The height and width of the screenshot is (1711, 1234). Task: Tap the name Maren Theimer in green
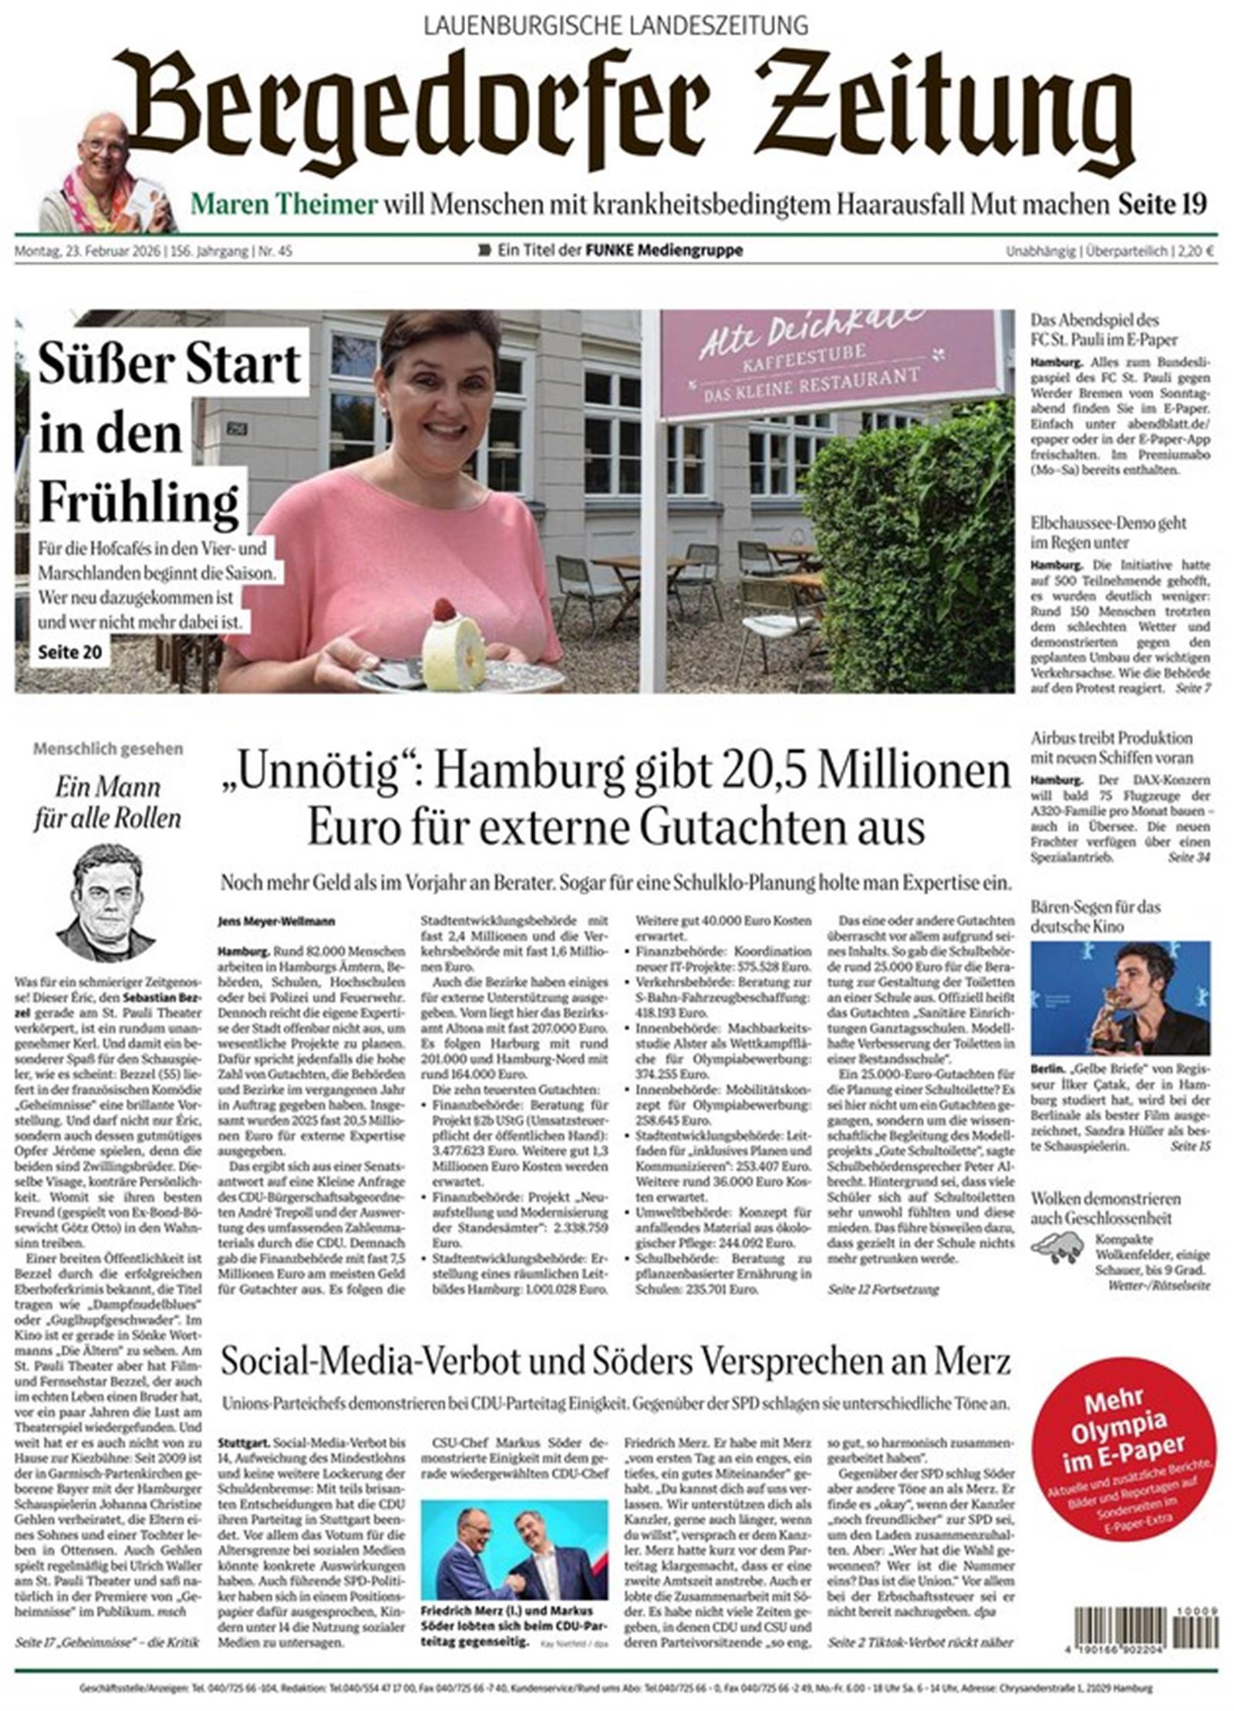(284, 204)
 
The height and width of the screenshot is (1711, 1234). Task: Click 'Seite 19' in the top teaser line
(1162, 204)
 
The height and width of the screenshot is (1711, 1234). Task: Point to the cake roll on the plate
(453, 645)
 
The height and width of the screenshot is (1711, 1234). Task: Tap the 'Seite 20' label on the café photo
(70, 653)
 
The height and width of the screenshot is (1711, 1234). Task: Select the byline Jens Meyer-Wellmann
(276, 921)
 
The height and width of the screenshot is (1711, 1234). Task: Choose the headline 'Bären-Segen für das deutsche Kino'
(1095, 916)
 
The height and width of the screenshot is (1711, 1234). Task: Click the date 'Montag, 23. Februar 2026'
(87, 251)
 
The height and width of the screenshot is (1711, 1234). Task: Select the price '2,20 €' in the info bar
(1201, 251)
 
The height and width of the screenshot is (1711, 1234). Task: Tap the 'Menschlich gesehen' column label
(108, 748)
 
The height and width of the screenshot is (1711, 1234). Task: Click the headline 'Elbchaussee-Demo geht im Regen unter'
(1108, 532)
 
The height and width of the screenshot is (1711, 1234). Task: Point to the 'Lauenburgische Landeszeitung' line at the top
(616, 26)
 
